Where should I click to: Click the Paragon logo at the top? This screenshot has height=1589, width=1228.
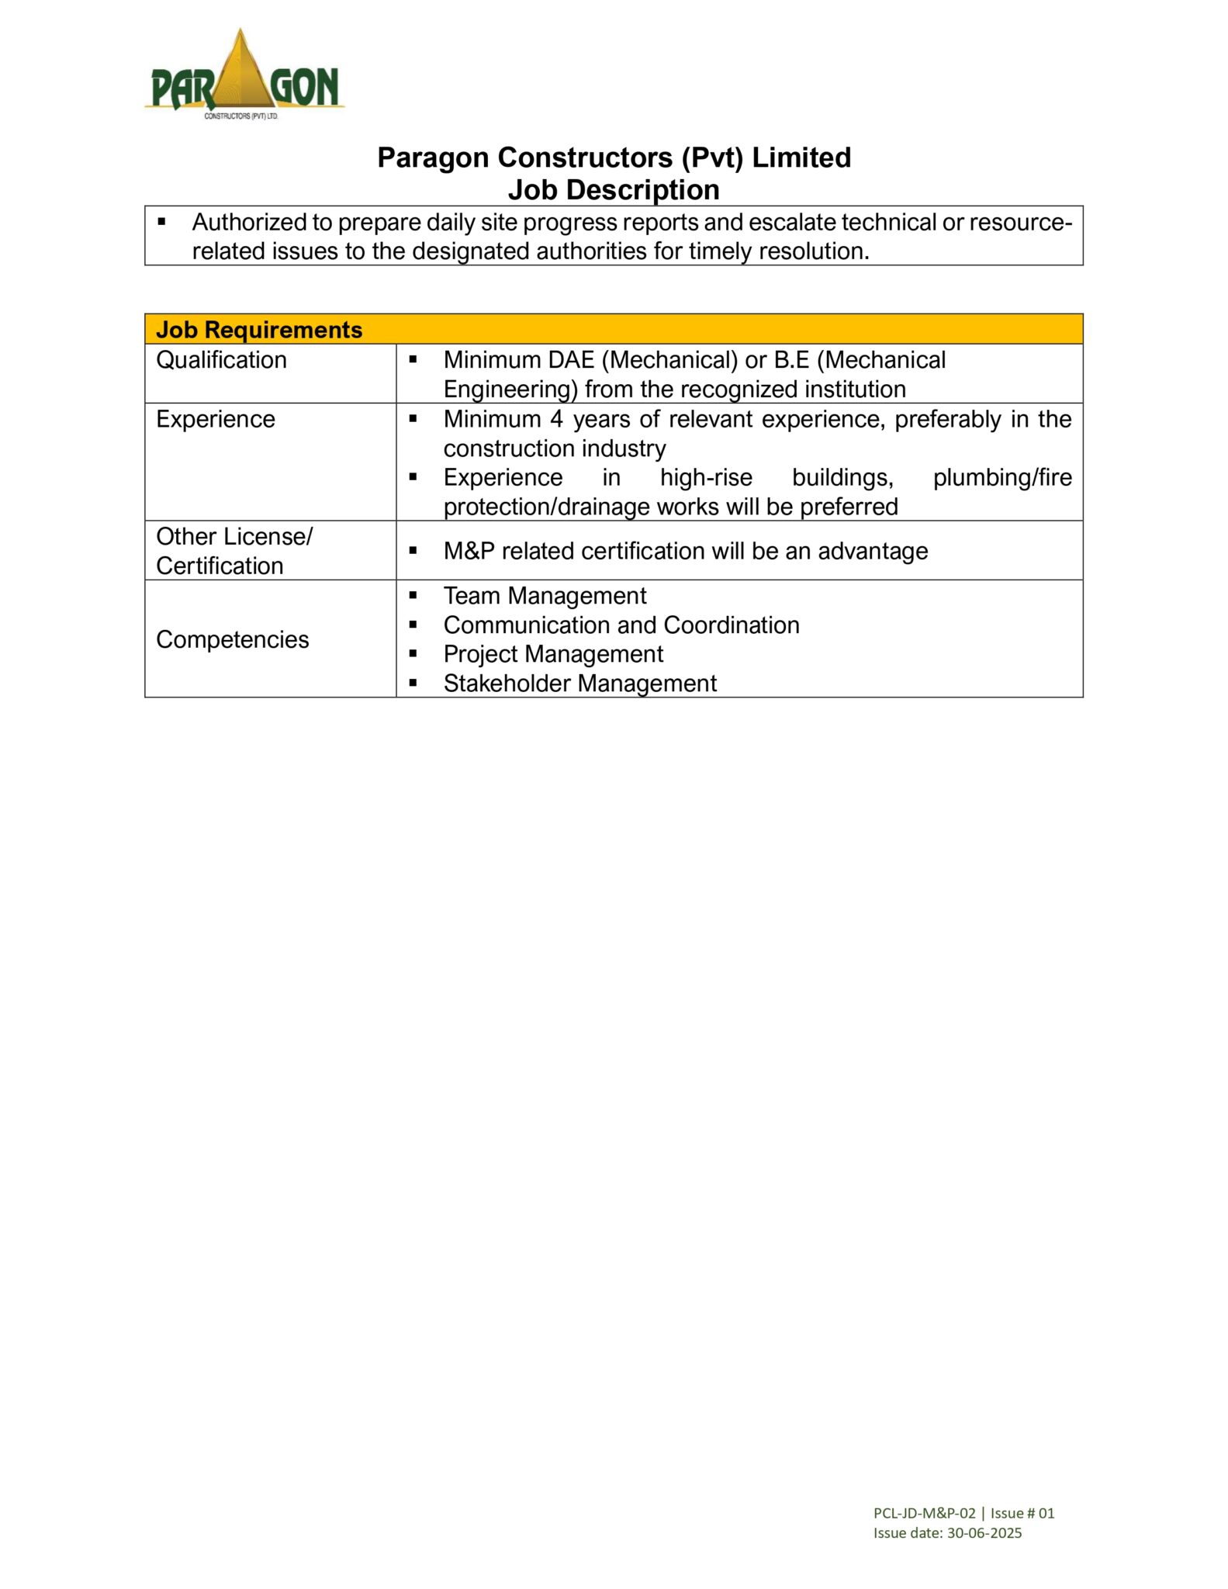click(x=244, y=75)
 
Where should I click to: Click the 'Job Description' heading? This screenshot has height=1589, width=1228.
click(x=614, y=190)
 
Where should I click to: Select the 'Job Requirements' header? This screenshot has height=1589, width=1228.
click(x=259, y=330)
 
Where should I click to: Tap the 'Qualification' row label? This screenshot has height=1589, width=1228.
click(x=221, y=360)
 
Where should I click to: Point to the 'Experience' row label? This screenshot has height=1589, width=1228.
click(x=216, y=419)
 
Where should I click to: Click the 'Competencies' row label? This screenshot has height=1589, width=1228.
click(x=232, y=639)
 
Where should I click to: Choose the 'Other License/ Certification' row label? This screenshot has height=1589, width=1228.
click(x=233, y=551)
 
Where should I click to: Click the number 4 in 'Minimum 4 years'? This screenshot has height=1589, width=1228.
click(x=556, y=419)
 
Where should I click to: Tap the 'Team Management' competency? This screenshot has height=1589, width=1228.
click(x=545, y=596)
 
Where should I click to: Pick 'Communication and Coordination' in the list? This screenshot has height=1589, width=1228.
click(x=621, y=625)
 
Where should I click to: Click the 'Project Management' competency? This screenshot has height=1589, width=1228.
click(x=553, y=654)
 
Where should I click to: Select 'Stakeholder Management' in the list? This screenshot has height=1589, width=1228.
click(x=579, y=684)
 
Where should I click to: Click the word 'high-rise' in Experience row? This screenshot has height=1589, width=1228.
click(x=706, y=478)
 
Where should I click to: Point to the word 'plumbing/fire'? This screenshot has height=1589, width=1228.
click(x=1002, y=478)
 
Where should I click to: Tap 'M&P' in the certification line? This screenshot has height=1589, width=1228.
click(x=469, y=551)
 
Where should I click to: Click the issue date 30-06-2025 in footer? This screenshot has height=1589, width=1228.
click(x=984, y=1533)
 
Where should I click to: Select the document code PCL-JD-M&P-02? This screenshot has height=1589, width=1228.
click(x=924, y=1513)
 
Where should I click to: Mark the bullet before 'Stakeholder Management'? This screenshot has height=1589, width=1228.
click(x=413, y=684)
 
